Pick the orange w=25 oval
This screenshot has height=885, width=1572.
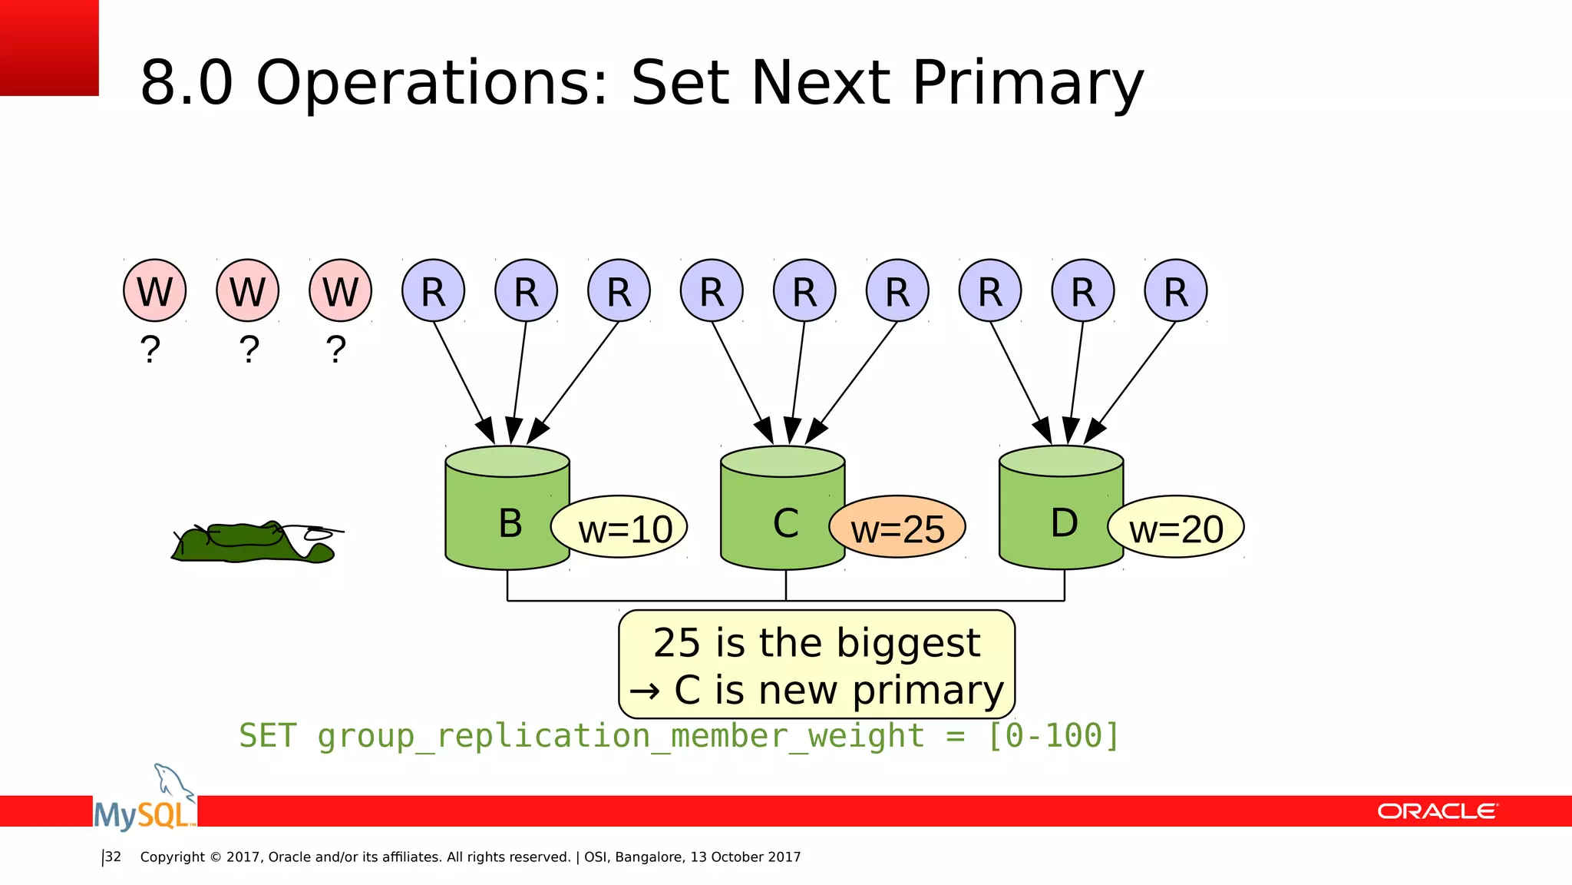pos(898,529)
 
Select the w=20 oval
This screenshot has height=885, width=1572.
pos(1176,529)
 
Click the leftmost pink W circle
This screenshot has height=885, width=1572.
pos(154,290)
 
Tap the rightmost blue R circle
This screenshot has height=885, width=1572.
pos(1175,290)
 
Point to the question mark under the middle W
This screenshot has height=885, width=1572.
pos(249,350)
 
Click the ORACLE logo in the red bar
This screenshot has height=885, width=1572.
pos(1437,811)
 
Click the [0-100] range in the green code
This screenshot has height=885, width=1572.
pos(1053,736)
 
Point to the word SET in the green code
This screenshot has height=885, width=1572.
pos(267,736)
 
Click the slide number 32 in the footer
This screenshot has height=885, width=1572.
pos(113,857)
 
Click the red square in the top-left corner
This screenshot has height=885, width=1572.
pos(48,47)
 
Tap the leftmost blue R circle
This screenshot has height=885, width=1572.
pos(433,290)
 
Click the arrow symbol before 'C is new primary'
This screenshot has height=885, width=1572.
pos(644,691)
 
